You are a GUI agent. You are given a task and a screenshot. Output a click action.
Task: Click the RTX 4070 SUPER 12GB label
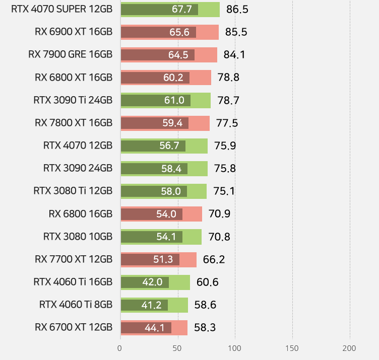[x=61, y=9]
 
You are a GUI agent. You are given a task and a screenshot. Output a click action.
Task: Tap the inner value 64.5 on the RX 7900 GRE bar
[x=178, y=55]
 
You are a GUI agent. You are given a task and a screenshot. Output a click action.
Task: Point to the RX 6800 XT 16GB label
[x=74, y=78]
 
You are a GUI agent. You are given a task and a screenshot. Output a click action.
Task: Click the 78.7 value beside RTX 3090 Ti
[x=228, y=100]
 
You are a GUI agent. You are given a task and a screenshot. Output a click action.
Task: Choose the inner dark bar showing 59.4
[x=154, y=123]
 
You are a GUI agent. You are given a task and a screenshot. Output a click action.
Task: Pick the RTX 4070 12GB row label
[x=78, y=146]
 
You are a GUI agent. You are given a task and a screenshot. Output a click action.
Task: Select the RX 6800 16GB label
[x=81, y=214]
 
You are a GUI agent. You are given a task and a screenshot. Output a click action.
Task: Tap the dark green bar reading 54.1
[x=151, y=237]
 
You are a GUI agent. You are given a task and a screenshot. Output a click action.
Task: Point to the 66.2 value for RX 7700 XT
[x=214, y=260]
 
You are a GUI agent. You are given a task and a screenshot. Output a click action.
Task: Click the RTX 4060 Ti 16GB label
[x=73, y=282]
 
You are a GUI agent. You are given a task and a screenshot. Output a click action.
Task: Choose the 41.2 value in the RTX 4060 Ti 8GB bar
[x=152, y=305]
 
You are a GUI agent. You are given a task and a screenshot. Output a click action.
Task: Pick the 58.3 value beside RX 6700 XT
[x=205, y=328]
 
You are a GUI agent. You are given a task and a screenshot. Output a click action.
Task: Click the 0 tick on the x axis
[x=119, y=348]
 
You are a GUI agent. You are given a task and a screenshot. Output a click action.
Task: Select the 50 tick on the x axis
[x=177, y=348]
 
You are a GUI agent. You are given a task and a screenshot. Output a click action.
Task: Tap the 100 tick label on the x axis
[x=234, y=348]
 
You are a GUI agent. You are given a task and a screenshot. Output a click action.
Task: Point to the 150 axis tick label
[x=292, y=348]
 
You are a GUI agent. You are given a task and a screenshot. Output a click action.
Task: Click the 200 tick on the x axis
[x=349, y=348]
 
